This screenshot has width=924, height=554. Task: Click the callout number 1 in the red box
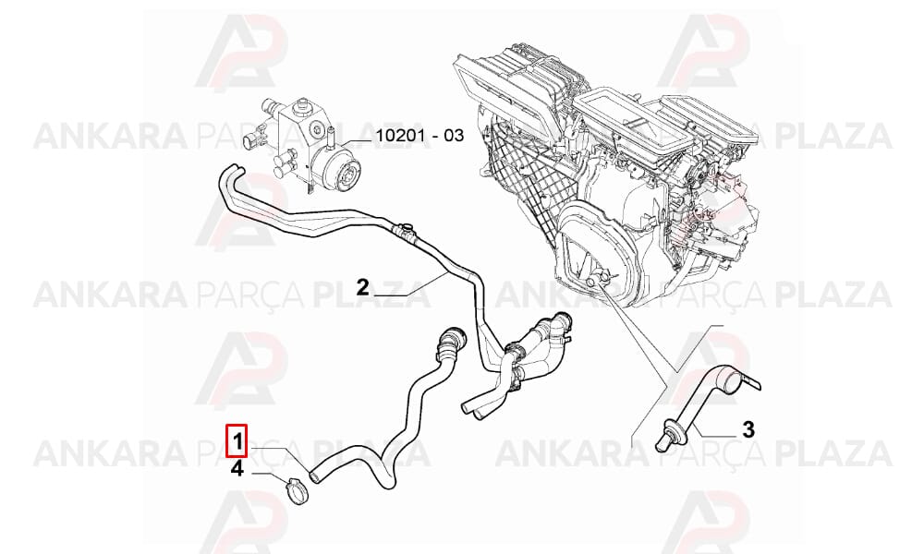[237, 440]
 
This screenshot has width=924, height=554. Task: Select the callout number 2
[362, 287]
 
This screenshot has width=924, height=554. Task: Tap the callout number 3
[748, 429]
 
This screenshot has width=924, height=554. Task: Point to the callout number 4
[237, 469]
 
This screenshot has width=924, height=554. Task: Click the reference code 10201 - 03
[420, 136]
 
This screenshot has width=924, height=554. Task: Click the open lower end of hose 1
[315, 475]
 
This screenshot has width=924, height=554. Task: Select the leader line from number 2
[409, 285]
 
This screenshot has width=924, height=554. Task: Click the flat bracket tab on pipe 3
[751, 382]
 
